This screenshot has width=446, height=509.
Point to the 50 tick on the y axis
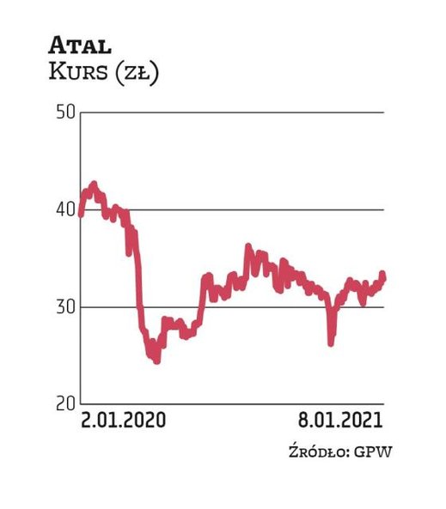(x=65, y=112)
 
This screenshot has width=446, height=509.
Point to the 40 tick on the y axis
(x=65, y=209)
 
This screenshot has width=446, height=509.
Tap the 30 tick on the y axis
(x=65, y=306)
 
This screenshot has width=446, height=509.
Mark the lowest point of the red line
(x=156, y=361)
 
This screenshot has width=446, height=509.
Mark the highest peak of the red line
(x=94, y=184)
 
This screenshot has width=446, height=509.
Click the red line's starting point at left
(x=81, y=214)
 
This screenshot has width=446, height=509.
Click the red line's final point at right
(x=383, y=276)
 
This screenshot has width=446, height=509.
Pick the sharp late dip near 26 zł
(x=331, y=342)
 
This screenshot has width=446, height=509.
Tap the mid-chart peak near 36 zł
(x=248, y=247)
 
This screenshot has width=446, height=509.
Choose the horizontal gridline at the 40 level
(x=258, y=209)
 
